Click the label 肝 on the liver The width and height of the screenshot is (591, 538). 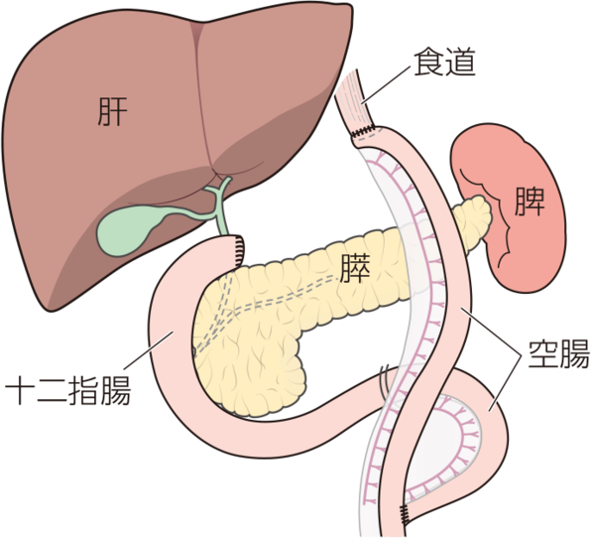pos(112,112)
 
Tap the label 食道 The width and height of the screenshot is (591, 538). pos(444,63)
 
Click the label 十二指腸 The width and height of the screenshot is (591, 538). pos(68,390)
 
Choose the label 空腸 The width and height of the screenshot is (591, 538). pos(558,353)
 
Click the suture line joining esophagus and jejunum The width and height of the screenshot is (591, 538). pos(364,131)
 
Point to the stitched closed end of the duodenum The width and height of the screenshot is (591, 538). pos(239,250)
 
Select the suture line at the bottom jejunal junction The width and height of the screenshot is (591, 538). pos(405,514)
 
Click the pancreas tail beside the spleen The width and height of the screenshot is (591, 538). pos(472,222)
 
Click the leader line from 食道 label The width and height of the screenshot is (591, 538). pos(385,85)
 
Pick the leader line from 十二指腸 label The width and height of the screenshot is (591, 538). pos(149,350)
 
